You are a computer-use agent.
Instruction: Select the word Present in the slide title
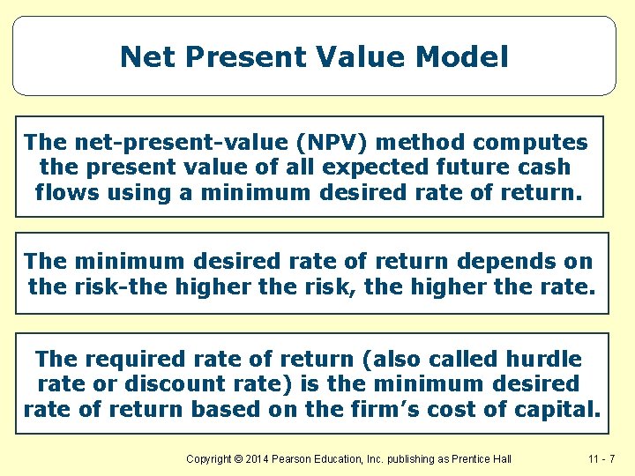230,57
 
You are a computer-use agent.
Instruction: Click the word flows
67,191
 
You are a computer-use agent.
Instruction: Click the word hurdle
544,360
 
